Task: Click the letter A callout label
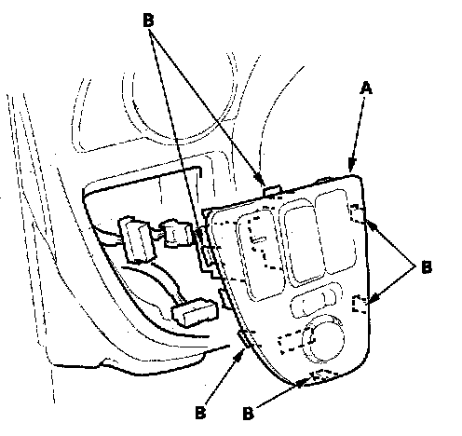(x=366, y=89)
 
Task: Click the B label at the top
(x=148, y=20)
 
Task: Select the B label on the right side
(x=427, y=266)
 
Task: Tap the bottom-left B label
(x=200, y=413)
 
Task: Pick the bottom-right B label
(x=248, y=413)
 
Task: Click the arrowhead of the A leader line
(x=352, y=165)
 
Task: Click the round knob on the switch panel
(x=324, y=340)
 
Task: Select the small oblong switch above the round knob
(x=314, y=302)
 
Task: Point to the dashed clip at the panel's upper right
(x=358, y=214)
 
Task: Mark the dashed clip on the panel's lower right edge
(x=360, y=305)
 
